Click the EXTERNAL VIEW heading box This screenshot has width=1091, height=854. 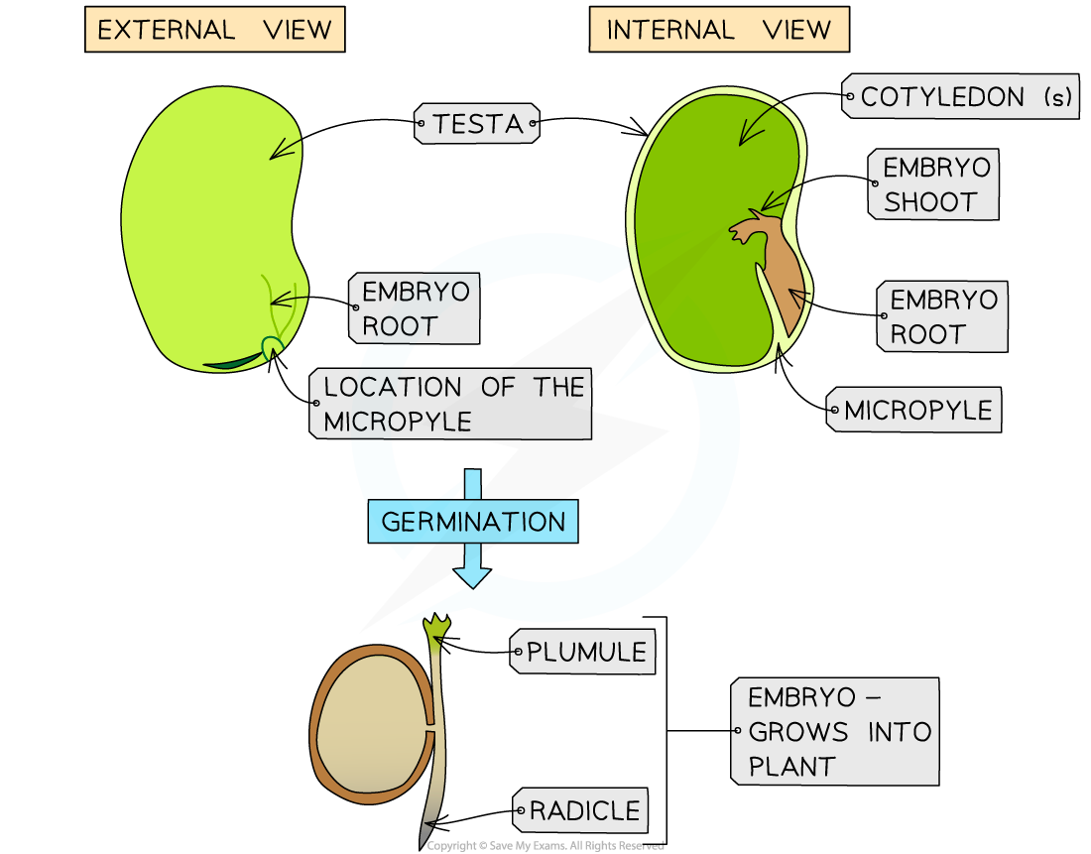(x=214, y=30)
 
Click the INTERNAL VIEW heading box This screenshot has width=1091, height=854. (x=719, y=30)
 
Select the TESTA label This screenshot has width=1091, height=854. (x=477, y=124)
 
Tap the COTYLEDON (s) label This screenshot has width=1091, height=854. (x=960, y=97)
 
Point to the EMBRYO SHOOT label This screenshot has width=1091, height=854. (x=932, y=184)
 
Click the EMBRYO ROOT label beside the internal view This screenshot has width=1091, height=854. (x=942, y=316)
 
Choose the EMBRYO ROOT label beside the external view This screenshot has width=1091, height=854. (x=414, y=308)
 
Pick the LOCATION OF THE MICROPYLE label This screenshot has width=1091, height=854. (x=451, y=404)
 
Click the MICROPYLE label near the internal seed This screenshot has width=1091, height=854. (x=914, y=410)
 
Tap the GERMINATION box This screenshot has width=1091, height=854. (x=472, y=521)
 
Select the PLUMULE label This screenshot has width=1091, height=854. (x=583, y=652)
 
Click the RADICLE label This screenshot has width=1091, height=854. (x=581, y=810)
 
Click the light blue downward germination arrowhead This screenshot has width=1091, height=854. (x=472, y=574)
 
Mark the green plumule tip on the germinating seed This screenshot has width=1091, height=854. (x=436, y=626)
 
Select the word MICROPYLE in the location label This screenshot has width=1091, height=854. (x=397, y=421)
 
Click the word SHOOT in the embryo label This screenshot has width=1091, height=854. (x=930, y=202)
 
